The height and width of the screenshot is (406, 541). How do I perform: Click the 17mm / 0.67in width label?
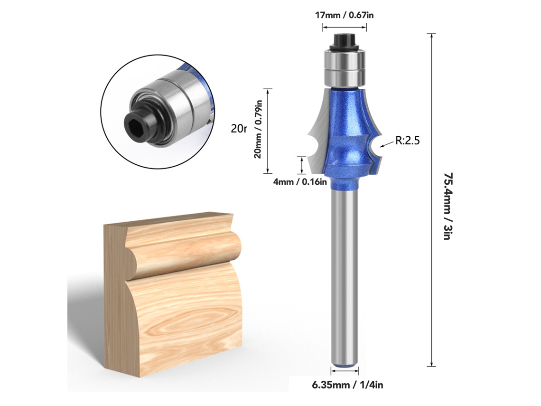[x=345, y=15]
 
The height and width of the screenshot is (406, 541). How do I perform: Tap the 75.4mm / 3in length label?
[x=448, y=206]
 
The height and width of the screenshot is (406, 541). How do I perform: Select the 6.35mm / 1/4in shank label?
[x=347, y=385]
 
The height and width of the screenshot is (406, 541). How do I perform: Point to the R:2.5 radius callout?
[x=408, y=141]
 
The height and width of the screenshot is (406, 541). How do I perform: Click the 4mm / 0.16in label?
[x=300, y=181]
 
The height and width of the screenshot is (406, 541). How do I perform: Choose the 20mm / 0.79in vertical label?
[x=258, y=129]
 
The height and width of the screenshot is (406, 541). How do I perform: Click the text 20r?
[x=239, y=129]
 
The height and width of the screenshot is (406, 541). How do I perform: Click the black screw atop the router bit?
[x=344, y=41]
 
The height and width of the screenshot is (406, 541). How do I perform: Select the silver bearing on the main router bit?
[x=344, y=67]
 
